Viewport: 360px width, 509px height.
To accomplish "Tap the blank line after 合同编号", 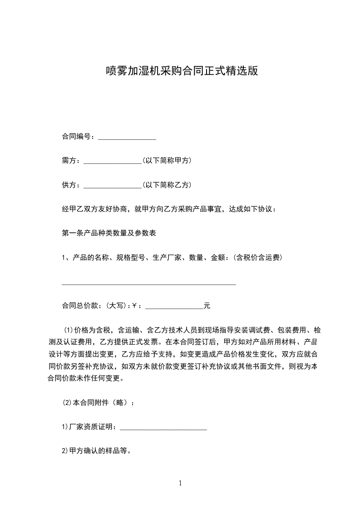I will [x=127, y=137].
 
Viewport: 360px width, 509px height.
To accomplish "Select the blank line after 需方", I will [x=113, y=161].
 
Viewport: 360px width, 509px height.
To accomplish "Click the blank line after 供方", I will [x=113, y=185].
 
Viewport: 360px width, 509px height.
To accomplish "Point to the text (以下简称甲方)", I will [x=167, y=161].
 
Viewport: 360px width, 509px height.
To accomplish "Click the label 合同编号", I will [x=78, y=137].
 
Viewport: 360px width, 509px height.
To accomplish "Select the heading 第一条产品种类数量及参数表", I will [x=109, y=233].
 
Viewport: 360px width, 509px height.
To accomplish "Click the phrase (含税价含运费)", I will [x=258, y=258].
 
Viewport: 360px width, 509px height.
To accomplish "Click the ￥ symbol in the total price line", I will [x=134, y=306].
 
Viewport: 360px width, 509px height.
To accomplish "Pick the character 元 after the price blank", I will [x=207, y=306].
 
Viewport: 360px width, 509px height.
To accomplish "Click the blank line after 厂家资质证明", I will [x=163, y=427].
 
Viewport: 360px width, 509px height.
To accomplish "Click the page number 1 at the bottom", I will [x=180, y=483].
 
